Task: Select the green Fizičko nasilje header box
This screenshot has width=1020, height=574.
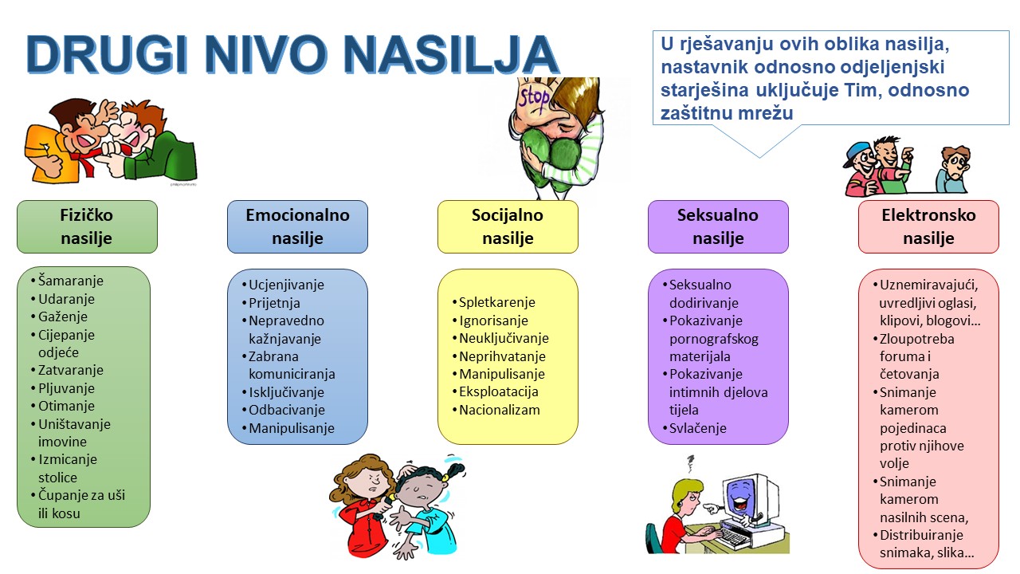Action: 87,227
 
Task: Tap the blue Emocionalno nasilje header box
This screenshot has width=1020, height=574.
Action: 297,227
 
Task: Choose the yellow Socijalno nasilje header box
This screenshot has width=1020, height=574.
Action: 508,227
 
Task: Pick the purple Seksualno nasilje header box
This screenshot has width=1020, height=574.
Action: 718,227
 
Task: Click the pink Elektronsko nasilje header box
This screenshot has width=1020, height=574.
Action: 928,227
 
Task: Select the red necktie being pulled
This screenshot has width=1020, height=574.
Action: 88,162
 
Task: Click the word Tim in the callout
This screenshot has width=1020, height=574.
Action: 861,90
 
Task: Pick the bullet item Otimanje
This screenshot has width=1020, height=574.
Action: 66,406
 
